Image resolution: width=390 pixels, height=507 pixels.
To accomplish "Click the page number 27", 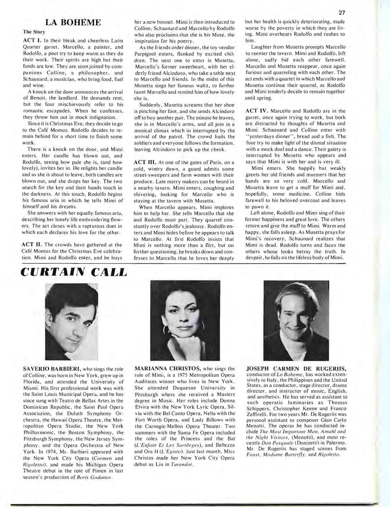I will (342, 13).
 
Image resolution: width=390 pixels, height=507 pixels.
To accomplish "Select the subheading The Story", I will (34, 32).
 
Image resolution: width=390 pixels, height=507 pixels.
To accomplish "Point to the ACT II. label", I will (32, 245).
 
